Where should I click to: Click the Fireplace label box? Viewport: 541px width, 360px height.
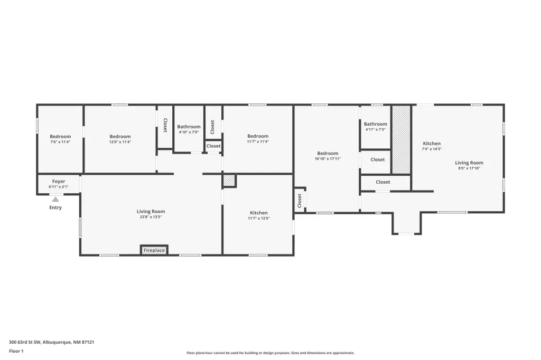[154, 250]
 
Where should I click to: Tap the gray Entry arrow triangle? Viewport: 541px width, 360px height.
[55, 200]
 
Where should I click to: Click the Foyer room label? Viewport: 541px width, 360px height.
[59, 182]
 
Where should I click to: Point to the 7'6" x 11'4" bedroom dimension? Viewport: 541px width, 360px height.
[60, 141]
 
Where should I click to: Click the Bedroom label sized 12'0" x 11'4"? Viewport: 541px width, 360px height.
[120, 137]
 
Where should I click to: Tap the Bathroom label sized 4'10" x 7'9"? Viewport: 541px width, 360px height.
[189, 127]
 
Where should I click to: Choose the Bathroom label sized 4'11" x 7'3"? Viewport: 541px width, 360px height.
[376, 124]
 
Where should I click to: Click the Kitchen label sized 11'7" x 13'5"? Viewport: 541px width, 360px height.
[259, 213]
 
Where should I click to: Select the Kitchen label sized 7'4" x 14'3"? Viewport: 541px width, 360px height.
[432, 144]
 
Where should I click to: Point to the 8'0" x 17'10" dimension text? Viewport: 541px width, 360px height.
[469, 168]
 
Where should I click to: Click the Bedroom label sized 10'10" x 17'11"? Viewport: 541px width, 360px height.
[328, 154]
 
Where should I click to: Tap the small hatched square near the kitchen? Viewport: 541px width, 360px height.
[229, 181]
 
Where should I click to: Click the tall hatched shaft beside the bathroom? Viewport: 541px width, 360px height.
[402, 140]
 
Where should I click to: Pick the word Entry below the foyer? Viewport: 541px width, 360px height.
[55, 207]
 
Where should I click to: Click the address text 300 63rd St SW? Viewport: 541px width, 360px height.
[25, 342]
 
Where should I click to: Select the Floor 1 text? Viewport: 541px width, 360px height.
[16, 351]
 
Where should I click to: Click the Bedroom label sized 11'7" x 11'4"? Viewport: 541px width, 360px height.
[258, 136]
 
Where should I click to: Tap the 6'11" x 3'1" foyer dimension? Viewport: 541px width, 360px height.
[59, 187]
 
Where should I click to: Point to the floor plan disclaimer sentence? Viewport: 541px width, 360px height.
[270, 353]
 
